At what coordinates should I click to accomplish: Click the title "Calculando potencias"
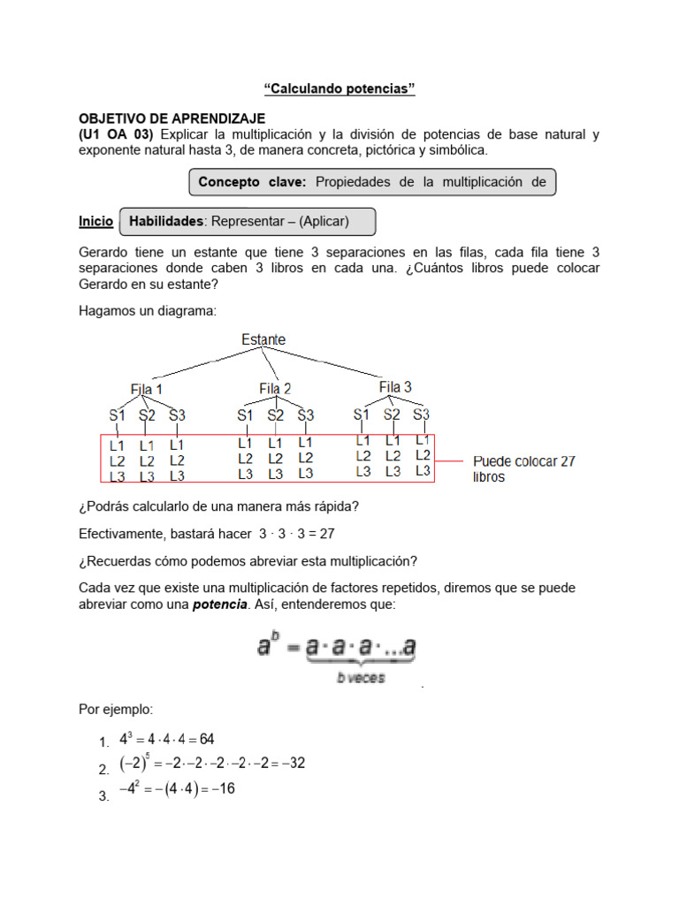339,89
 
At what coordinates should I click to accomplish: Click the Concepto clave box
371,183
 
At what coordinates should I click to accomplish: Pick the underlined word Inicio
95,222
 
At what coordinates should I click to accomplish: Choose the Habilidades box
247,222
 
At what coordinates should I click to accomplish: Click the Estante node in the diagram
263,339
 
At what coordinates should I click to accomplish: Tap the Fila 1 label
146,389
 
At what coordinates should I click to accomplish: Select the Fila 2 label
275,389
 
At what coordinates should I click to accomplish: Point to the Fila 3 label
395,387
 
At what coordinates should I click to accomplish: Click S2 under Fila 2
276,414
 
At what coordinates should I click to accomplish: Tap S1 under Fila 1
118,414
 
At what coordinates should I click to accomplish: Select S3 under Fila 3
421,414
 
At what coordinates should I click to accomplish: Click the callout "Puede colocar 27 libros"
524,468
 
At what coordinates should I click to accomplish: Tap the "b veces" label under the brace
360,678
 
